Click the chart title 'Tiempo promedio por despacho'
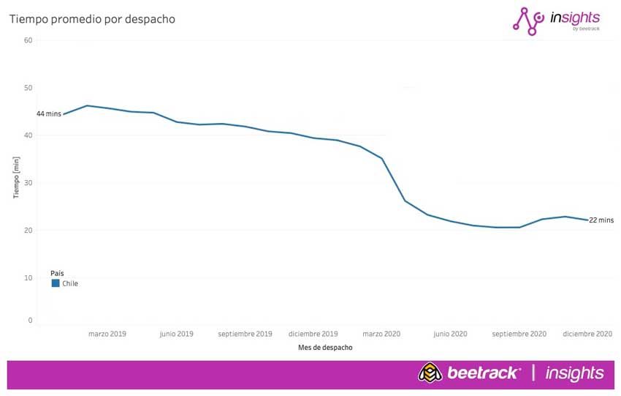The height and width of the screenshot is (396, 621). (x=92, y=19)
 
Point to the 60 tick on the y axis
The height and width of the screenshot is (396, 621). (x=28, y=40)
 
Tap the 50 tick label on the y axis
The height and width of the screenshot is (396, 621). (x=28, y=88)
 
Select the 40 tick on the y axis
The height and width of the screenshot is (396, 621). (x=28, y=135)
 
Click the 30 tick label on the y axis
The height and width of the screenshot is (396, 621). (x=28, y=183)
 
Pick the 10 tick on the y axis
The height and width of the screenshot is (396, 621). (x=28, y=278)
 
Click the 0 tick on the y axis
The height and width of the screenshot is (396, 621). (x=30, y=321)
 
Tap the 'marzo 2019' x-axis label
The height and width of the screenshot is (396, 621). (x=107, y=334)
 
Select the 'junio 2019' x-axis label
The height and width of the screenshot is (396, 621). (x=176, y=334)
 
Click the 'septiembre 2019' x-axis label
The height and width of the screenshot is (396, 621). (x=245, y=334)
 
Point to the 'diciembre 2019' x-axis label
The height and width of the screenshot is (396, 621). (x=313, y=334)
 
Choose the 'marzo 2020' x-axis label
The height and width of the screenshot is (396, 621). (x=381, y=334)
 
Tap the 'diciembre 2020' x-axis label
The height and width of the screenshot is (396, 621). (x=587, y=334)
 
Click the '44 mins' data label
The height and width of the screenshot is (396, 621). (x=49, y=114)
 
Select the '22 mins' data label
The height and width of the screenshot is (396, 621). (x=601, y=220)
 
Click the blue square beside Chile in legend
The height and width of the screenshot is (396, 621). (x=56, y=283)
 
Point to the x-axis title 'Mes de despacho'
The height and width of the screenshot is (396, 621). (x=325, y=348)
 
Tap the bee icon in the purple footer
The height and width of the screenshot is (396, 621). (x=430, y=373)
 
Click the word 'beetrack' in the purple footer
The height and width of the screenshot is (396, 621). (x=484, y=373)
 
